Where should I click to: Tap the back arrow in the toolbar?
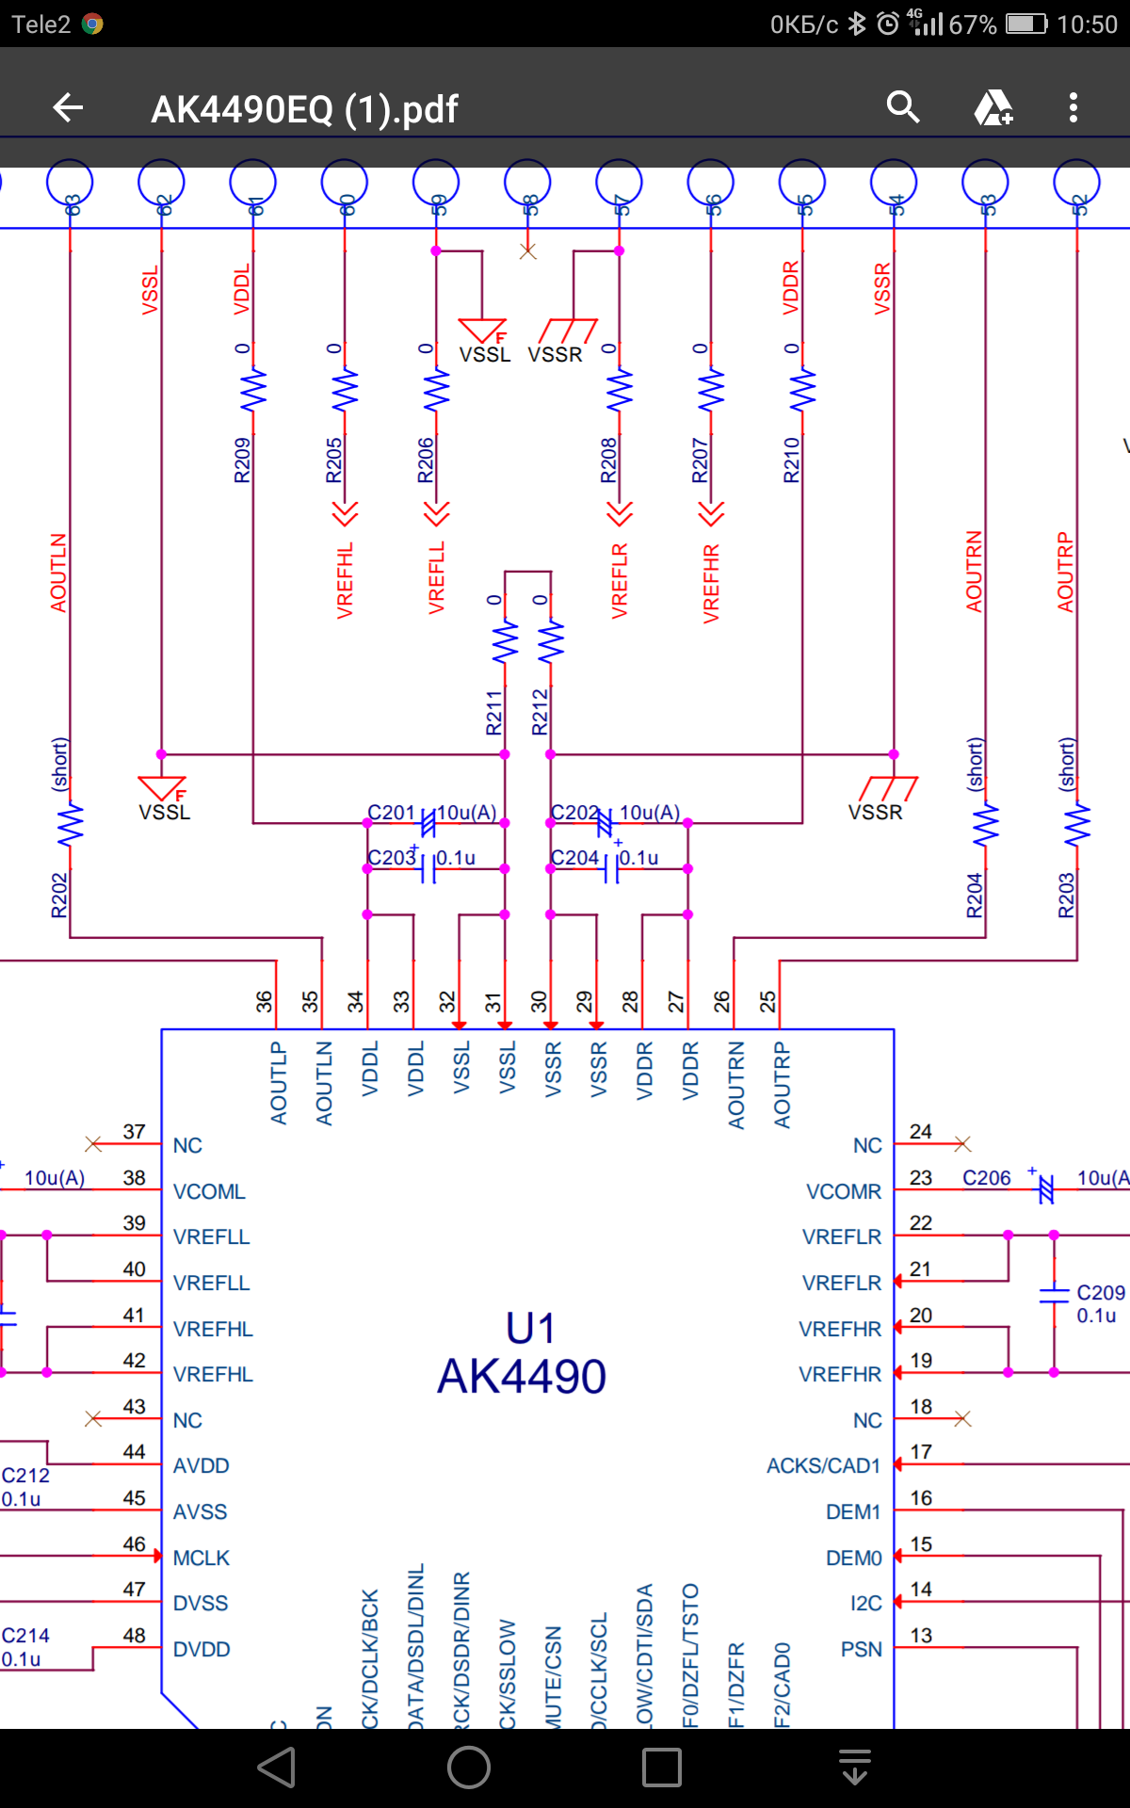tap(68, 108)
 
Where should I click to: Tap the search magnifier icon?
tap(902, 107)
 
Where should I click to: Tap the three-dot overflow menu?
tap(1073, 107)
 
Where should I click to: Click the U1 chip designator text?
tap(530, 1329)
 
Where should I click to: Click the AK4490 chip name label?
tap(522, 1377)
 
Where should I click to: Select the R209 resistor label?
tap(243, 460)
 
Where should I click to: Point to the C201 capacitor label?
tap(391, 813)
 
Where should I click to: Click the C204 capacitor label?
tap(574, 858)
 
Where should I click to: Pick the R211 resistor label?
tap(494, 712)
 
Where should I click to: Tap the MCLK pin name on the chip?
tap(202, 1558)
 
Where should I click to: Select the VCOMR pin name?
tap(844, 1192)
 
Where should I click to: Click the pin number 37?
tap(135, 1132)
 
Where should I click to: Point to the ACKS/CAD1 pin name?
tap(823, 1466)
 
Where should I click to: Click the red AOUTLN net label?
tap(58, 573)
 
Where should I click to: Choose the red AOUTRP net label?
tap(1065, 572)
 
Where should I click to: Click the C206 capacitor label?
tap(986, 1178)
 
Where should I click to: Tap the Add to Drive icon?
tap(993, 107)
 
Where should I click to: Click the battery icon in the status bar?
tap(1025, 24)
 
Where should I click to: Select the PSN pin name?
tap(862, 1650)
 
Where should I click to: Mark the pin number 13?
tap(921, 1636)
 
